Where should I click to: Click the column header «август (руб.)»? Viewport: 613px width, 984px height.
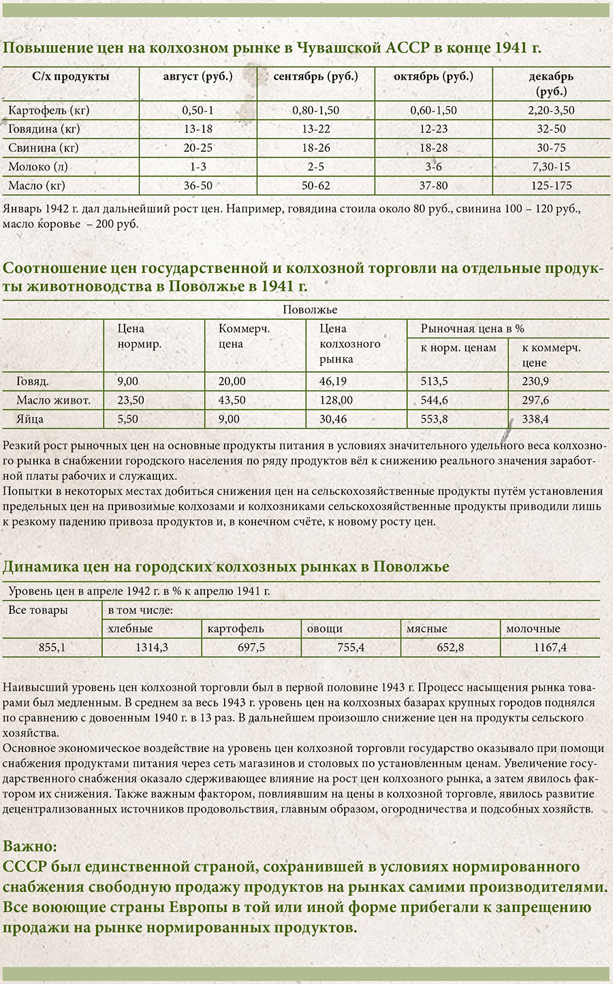coord(198,76)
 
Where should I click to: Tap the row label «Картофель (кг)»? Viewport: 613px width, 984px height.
coord(48,110)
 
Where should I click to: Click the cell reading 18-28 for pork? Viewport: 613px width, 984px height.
coord(433,148)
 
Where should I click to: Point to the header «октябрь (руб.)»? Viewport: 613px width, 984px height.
coord(433,76)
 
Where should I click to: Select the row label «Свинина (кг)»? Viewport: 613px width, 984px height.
coord(44,148)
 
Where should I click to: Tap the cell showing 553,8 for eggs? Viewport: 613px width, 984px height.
coord(435,419)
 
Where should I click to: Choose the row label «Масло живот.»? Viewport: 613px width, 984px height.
coord(53,400)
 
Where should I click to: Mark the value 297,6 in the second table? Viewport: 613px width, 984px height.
coord(535,400)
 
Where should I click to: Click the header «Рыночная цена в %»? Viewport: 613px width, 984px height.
coord(473,328)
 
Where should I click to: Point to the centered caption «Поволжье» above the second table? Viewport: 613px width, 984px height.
coord(310,310)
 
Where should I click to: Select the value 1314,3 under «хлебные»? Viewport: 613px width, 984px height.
coord(151,647)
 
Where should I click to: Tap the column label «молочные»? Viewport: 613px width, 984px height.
coord(533,628)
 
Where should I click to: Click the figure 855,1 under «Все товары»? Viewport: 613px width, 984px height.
coord(52,647)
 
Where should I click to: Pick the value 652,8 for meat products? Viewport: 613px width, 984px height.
coord(450,647)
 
